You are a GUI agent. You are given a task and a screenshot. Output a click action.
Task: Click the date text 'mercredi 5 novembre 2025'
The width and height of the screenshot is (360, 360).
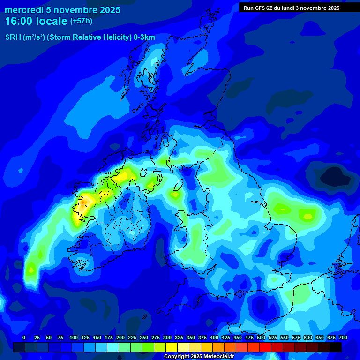click(62, 10)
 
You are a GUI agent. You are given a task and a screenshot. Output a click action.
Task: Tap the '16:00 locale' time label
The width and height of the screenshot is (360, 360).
click(36, 21)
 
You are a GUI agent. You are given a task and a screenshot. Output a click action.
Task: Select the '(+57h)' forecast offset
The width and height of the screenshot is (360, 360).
click(81, 21)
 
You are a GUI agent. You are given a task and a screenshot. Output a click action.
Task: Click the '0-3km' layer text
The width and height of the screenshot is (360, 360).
click(144, 37)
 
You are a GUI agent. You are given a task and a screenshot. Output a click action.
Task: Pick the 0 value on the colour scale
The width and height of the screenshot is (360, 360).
click(24, 337)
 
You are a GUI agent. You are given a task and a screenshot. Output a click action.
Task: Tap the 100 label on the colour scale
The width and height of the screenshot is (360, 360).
click(73, 337)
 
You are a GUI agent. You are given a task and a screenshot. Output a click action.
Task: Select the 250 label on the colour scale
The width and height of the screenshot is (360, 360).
click(143, 337)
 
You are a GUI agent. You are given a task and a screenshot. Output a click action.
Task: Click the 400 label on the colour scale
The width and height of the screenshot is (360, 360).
click(214, 337)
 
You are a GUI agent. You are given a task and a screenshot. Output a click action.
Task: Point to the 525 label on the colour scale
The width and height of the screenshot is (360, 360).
click(273, 337)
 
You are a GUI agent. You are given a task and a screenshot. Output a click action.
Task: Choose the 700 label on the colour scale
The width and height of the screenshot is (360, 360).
click(343, 337)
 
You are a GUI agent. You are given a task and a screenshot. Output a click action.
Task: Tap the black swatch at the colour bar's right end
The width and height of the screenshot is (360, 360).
click(336, 347)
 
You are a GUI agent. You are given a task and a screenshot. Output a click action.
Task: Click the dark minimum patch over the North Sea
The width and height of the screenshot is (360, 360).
click(336, 177)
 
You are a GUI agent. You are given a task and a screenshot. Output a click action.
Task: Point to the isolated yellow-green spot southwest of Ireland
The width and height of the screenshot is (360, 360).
click(31, 270)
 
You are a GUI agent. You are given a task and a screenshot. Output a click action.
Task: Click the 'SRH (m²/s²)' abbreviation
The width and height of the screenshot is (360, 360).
click(24, 37)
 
